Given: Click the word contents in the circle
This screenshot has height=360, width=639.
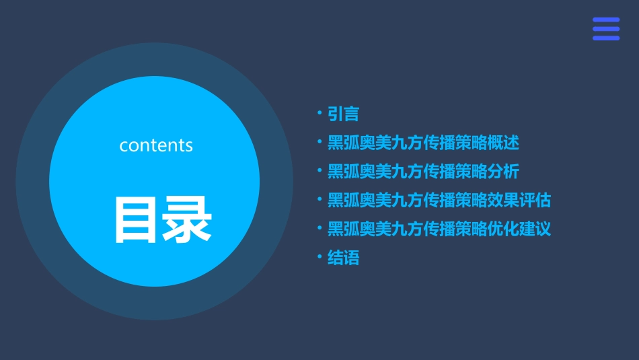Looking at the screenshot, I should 156,145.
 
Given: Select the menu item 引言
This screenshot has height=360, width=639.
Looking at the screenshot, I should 343,114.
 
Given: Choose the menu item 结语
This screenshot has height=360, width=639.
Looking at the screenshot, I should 343,258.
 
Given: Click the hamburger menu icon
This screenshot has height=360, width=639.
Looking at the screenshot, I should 605,29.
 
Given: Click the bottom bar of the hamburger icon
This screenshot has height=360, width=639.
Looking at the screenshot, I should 605,38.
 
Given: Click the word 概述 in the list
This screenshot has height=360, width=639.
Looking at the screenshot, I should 503,143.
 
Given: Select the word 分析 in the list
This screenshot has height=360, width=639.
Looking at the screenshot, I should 503,172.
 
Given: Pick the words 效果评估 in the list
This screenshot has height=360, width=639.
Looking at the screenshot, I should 519,201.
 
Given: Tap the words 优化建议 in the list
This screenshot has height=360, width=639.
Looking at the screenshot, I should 519,229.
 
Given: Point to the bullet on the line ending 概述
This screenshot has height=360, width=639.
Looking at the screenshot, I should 320,142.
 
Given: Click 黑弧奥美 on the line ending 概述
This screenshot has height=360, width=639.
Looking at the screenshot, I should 359,143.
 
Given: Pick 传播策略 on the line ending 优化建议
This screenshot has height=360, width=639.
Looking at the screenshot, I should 455,229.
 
